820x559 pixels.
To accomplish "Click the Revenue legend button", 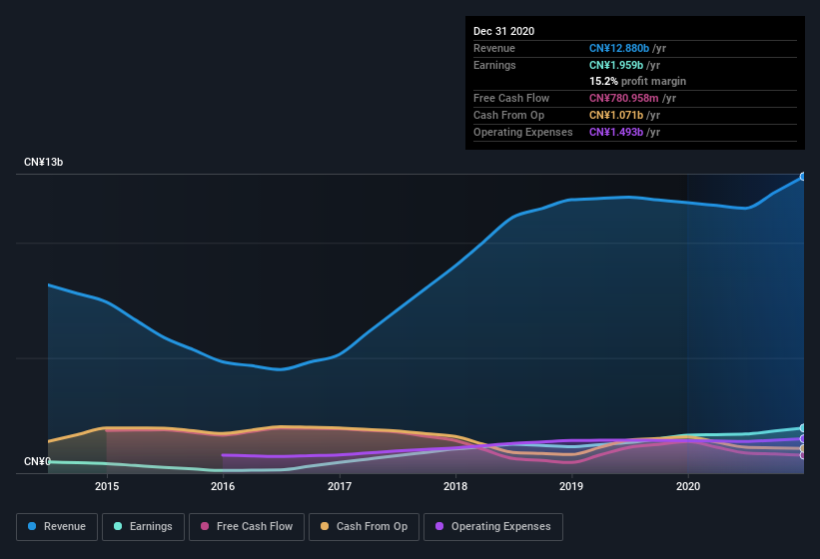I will point(57,526).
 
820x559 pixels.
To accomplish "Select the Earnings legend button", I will point(143,526).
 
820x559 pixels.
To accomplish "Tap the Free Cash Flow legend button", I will point(246,526).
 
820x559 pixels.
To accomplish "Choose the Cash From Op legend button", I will point(363,526).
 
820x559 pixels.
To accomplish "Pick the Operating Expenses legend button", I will point(492,526).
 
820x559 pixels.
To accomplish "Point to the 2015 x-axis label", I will point(107,486).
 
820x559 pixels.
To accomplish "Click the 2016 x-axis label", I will point(223,486).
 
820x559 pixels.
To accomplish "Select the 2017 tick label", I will point(340,486).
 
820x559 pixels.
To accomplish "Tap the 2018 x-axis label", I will point(455,486).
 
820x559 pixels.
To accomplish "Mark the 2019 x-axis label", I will point(571,486).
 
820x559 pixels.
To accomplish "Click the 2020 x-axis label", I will point(688,486).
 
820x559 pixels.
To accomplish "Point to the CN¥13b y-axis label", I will point(44,162).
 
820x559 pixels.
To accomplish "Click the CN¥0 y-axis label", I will point(37,461).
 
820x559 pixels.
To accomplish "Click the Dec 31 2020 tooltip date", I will point(503,31).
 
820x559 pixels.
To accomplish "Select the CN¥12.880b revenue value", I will point(618,48).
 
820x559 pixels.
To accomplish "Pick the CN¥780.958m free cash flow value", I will point(625,98).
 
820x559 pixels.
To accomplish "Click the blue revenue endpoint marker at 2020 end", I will point(802,177).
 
